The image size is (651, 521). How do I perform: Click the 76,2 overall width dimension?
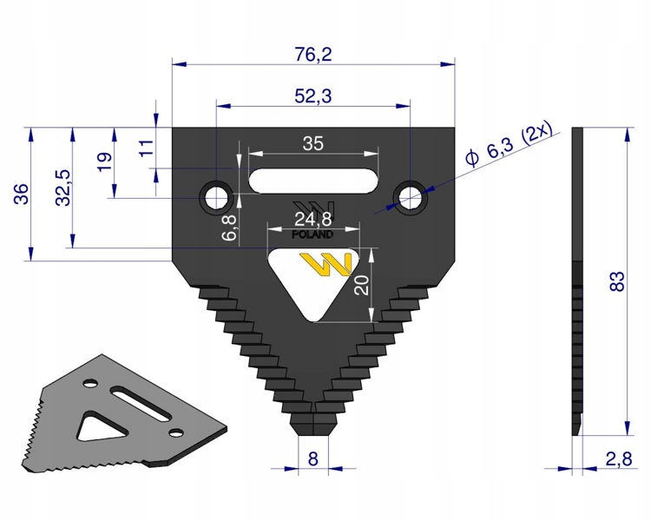314,54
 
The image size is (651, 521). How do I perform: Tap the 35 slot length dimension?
312,144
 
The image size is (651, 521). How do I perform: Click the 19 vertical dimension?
104,162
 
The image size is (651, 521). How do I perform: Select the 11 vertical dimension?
145,145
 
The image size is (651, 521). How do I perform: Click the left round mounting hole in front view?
214,196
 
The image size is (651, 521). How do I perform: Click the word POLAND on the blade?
313,235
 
